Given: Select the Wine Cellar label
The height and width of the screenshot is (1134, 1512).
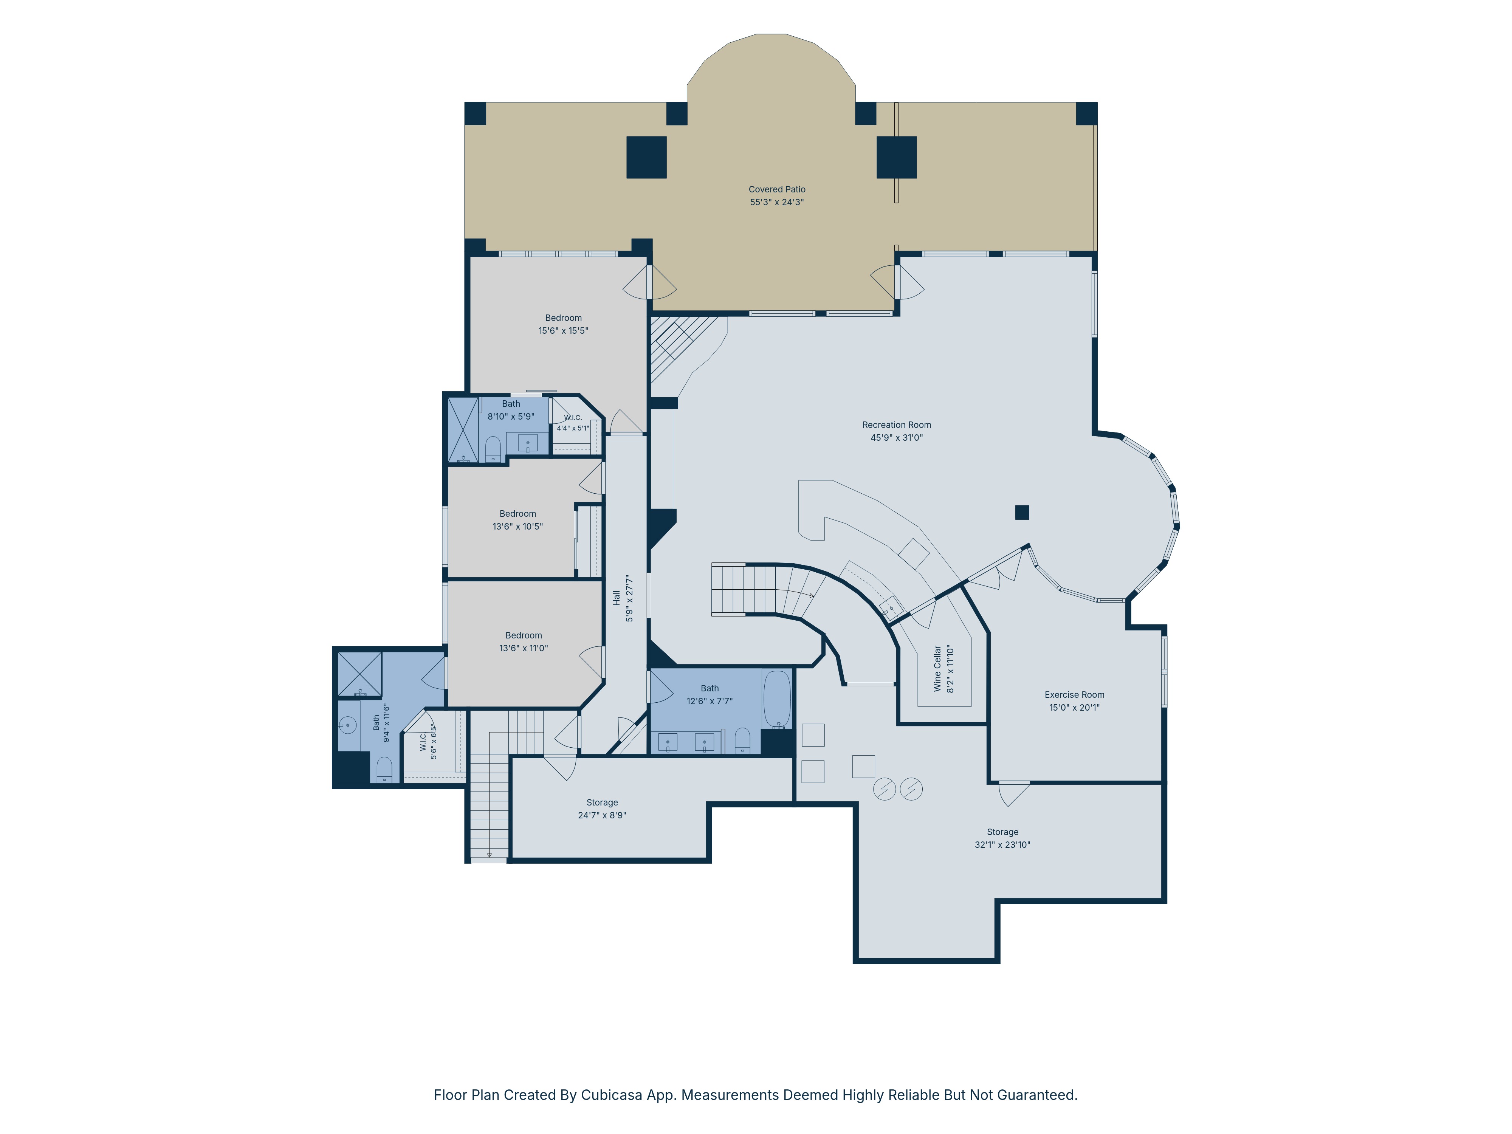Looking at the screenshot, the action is [x=938, y=669].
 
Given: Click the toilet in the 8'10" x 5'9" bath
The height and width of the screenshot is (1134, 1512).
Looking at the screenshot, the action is [x=493, y=449].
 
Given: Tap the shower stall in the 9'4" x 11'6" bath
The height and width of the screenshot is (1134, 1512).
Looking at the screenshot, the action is [x=359, y=674].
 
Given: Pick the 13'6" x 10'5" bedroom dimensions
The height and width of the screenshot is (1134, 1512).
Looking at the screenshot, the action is [x=517, y=526].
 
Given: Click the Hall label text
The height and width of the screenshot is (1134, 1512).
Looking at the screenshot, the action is [x=617, y=598].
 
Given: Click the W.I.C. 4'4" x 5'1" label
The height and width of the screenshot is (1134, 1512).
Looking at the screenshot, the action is [x=573, y=423].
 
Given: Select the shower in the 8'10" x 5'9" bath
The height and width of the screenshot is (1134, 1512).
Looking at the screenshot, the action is [x=463, y=430].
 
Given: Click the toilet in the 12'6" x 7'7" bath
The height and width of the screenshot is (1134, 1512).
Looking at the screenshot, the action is [x=742, y=740].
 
